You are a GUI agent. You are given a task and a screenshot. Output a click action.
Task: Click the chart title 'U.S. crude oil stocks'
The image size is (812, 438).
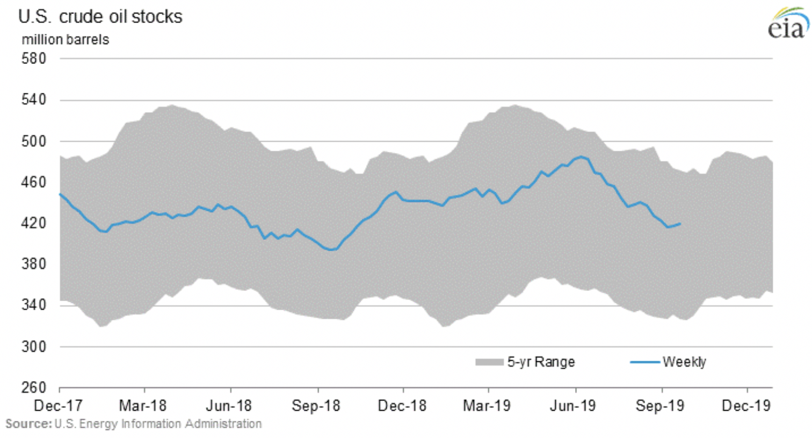click(100, 17)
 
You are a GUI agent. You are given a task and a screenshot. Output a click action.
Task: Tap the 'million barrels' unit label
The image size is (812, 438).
click(65, 40)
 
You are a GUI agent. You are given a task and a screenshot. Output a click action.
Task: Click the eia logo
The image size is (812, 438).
click(788, 24)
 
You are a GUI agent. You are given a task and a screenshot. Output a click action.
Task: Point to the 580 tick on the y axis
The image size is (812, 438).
click(34, 58)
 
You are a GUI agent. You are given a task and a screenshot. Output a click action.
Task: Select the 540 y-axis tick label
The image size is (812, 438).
click(34, 99)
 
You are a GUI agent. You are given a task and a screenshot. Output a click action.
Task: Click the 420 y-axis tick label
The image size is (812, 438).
click(34, 223)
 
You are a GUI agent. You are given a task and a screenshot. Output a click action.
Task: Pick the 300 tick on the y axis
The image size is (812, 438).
click(34, 346)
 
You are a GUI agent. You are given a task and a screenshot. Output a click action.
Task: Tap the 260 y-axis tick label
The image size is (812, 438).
click(34, 387)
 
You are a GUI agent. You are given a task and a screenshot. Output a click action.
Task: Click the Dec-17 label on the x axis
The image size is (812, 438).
click(58, 406)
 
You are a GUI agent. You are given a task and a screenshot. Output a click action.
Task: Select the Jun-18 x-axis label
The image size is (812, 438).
click(229, 406)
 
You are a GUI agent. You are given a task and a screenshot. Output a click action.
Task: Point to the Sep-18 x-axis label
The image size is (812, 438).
click(316, 406)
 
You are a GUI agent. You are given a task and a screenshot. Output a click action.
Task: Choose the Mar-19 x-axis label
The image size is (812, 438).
click(487, 406)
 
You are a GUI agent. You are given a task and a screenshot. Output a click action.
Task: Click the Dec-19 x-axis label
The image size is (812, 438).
click(746, 406)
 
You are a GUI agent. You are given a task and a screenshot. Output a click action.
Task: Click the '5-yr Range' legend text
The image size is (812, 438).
click(541, 362)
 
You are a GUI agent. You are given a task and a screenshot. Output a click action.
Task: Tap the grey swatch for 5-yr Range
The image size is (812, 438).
click(489, 362)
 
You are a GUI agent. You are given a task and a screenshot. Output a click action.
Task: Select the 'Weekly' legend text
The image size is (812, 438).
click(684, 362)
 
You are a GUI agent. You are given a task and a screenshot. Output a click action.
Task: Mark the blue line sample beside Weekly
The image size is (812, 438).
click(645, 362)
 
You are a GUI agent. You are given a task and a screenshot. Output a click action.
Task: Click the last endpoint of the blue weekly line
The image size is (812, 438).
click(681, 224)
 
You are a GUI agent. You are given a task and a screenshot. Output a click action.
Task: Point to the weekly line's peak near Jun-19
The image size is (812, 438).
click(581, 157)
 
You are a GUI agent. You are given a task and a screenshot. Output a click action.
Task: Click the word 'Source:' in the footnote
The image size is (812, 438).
click(28, 424)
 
